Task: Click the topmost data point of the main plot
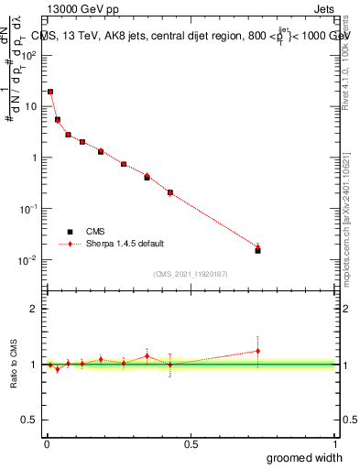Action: tap(50, 92)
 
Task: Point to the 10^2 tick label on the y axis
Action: tap(29, 55)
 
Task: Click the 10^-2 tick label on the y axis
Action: tap(29, 260)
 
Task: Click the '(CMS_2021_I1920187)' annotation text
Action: tap(191, 273)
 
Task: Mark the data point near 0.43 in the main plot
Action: tap(170, 192)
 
